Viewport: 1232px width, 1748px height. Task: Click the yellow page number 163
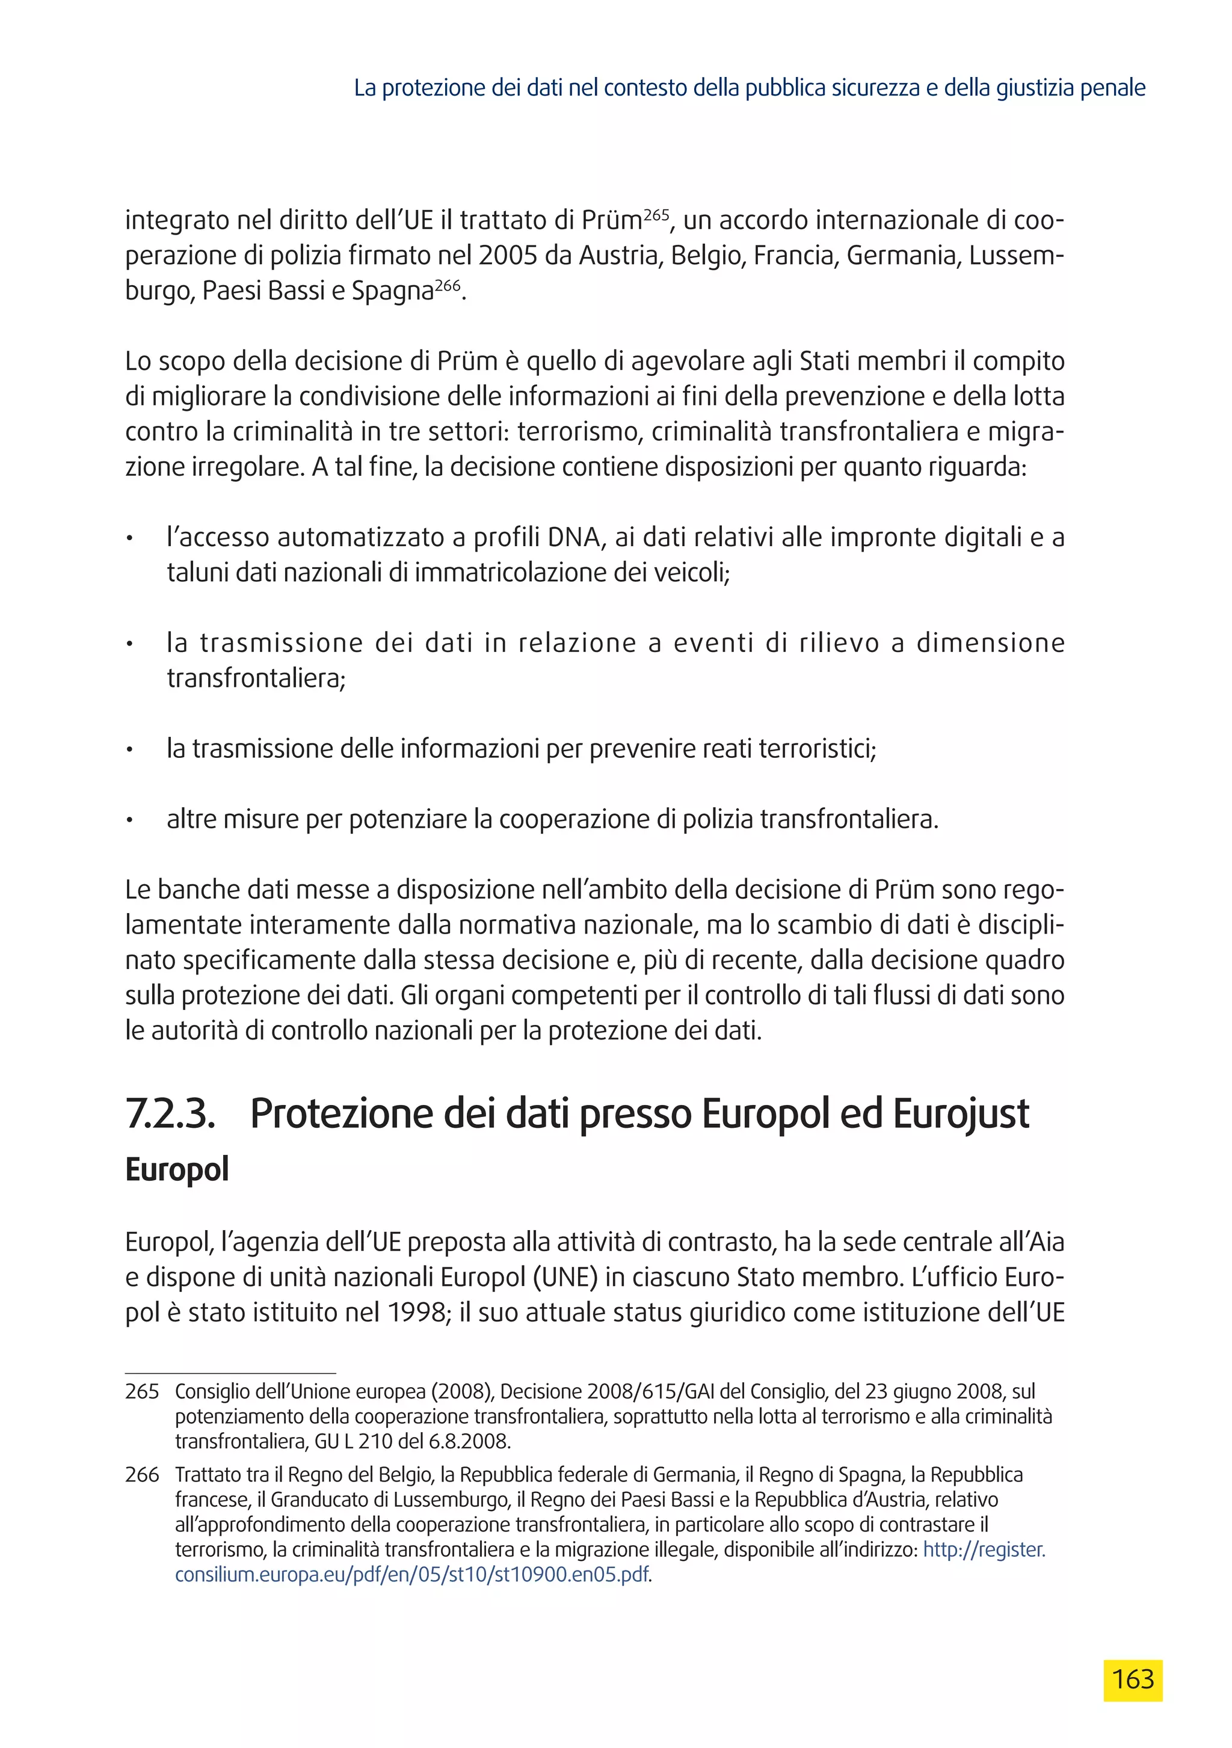pyautogui.click(x=1132, y=1679)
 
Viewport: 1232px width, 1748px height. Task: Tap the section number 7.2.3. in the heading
pyautogui.click(x=171, y=1114)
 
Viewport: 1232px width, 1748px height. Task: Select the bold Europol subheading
pyautogui.click(x=177, y=1169)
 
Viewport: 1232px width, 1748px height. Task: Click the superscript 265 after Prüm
pyautogui.click(x=656, y=215)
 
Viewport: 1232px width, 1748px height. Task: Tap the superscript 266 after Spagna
pyautogui.click(x=448, y=286)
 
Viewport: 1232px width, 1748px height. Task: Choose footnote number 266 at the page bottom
pyautogui.click(x=143, y=1475)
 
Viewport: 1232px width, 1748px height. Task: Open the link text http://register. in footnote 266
pyautogui.click(x=984, y=1550)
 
